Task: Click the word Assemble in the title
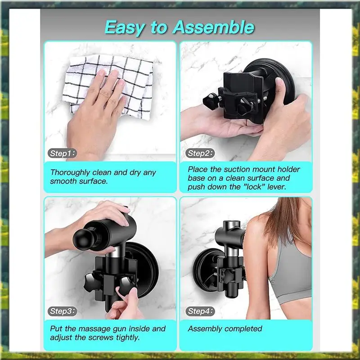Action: [213, 27]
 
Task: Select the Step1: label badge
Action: [62, 153]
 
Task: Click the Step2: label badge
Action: [200, 153]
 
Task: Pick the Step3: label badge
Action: [62, 311]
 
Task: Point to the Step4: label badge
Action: [200, 311]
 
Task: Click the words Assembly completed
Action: [225, 329]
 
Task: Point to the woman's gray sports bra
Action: [290, 271]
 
